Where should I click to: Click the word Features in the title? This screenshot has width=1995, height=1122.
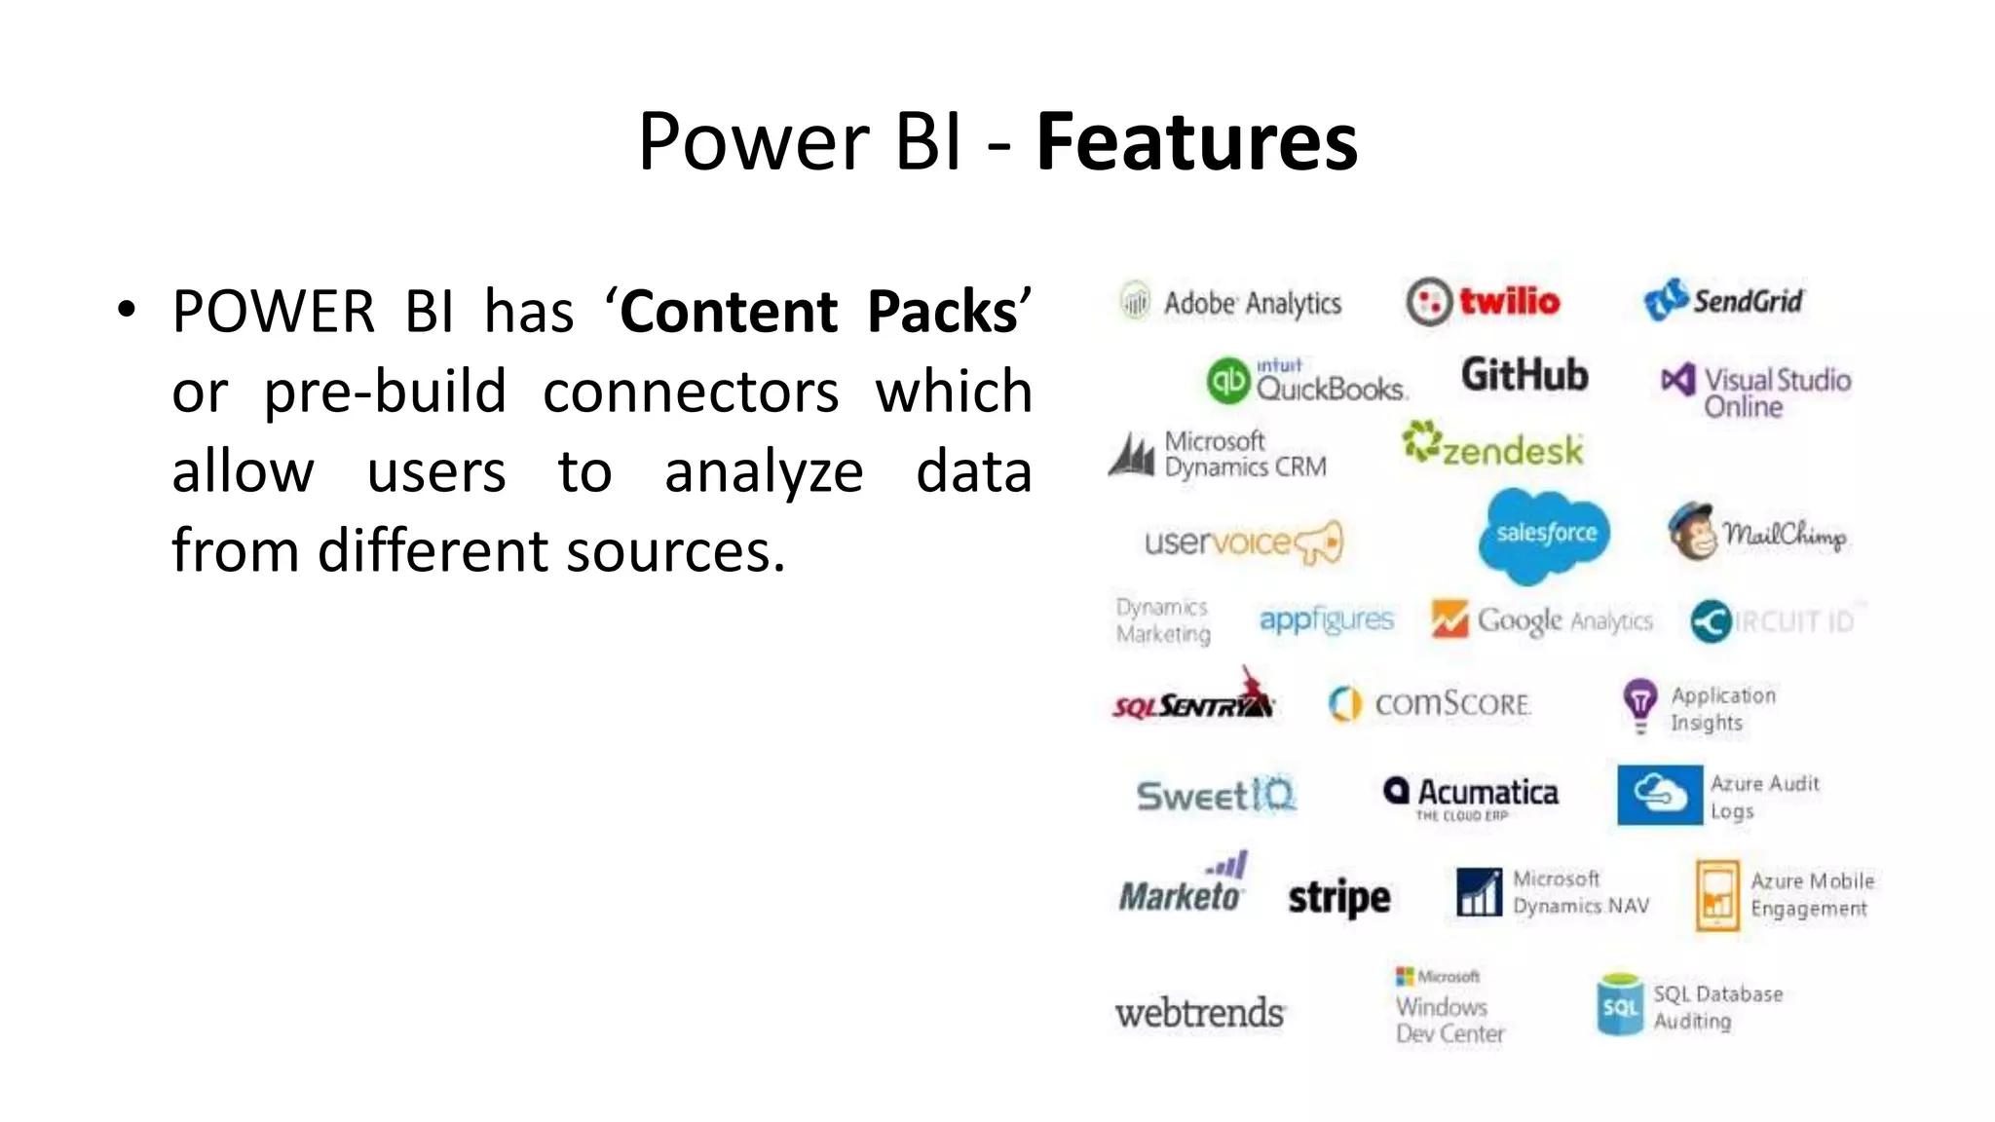[1196, 142]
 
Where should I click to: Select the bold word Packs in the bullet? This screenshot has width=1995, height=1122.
[942, 313]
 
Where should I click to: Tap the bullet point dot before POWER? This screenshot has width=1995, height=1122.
[126, 310]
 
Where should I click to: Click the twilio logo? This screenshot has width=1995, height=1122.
[1483, 302]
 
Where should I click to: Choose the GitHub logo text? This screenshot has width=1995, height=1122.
[1524, 375]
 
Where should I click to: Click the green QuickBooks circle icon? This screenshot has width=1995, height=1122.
[1227, 381]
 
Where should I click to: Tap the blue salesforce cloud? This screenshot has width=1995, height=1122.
[1544, 534]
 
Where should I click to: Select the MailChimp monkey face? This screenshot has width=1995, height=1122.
[1692, 532]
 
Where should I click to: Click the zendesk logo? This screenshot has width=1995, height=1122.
[1492, 446]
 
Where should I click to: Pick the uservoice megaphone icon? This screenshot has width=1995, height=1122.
[1320, 542]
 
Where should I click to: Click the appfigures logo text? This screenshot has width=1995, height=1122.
[1326, 619]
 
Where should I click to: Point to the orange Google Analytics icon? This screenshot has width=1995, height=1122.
[1449, 619]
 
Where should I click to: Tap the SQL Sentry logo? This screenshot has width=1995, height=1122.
[1193, 699]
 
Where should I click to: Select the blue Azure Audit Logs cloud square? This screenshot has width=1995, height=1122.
[1659, 795]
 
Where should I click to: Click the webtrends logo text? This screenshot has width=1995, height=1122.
[1199, 1014]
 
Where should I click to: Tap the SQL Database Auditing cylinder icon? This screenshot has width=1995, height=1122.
[1619, 1005]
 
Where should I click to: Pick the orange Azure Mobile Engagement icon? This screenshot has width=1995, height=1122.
[1716, 895]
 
